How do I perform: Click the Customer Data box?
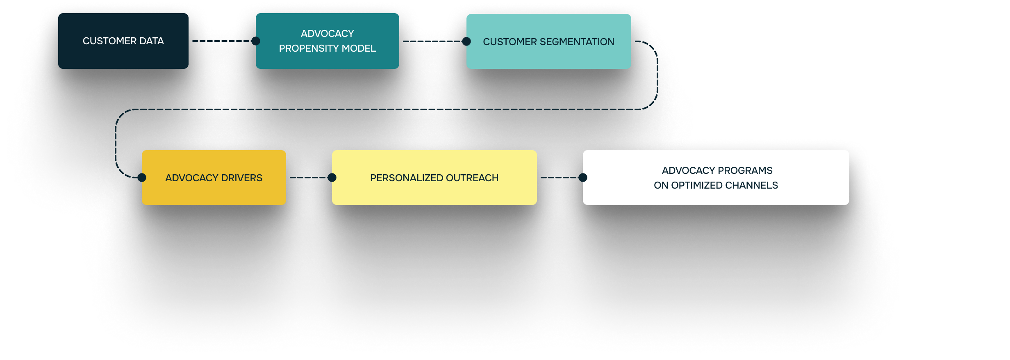(x=123, y=41)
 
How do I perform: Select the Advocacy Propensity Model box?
(x=327, y=41)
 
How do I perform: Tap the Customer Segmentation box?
(x=548, y=41)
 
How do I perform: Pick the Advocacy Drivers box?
(x=214, y=178)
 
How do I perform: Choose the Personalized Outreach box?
(x=434, y=178)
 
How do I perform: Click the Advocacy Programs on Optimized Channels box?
(x=716, y=178)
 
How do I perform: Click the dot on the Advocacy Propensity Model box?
(x=255, y=41)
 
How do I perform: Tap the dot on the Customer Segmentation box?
(x=466, y=41)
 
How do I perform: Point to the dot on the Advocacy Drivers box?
(x=142, y=178)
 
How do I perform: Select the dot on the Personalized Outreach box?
(x=332, y=178)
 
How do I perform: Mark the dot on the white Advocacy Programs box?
(x=582, y=178)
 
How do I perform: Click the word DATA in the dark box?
(x=152, y=41)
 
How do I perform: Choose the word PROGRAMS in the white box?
(x=745, y=171)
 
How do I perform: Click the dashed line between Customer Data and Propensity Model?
(x=221, y=41)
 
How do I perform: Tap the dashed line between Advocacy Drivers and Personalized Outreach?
(x=309, y=178)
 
